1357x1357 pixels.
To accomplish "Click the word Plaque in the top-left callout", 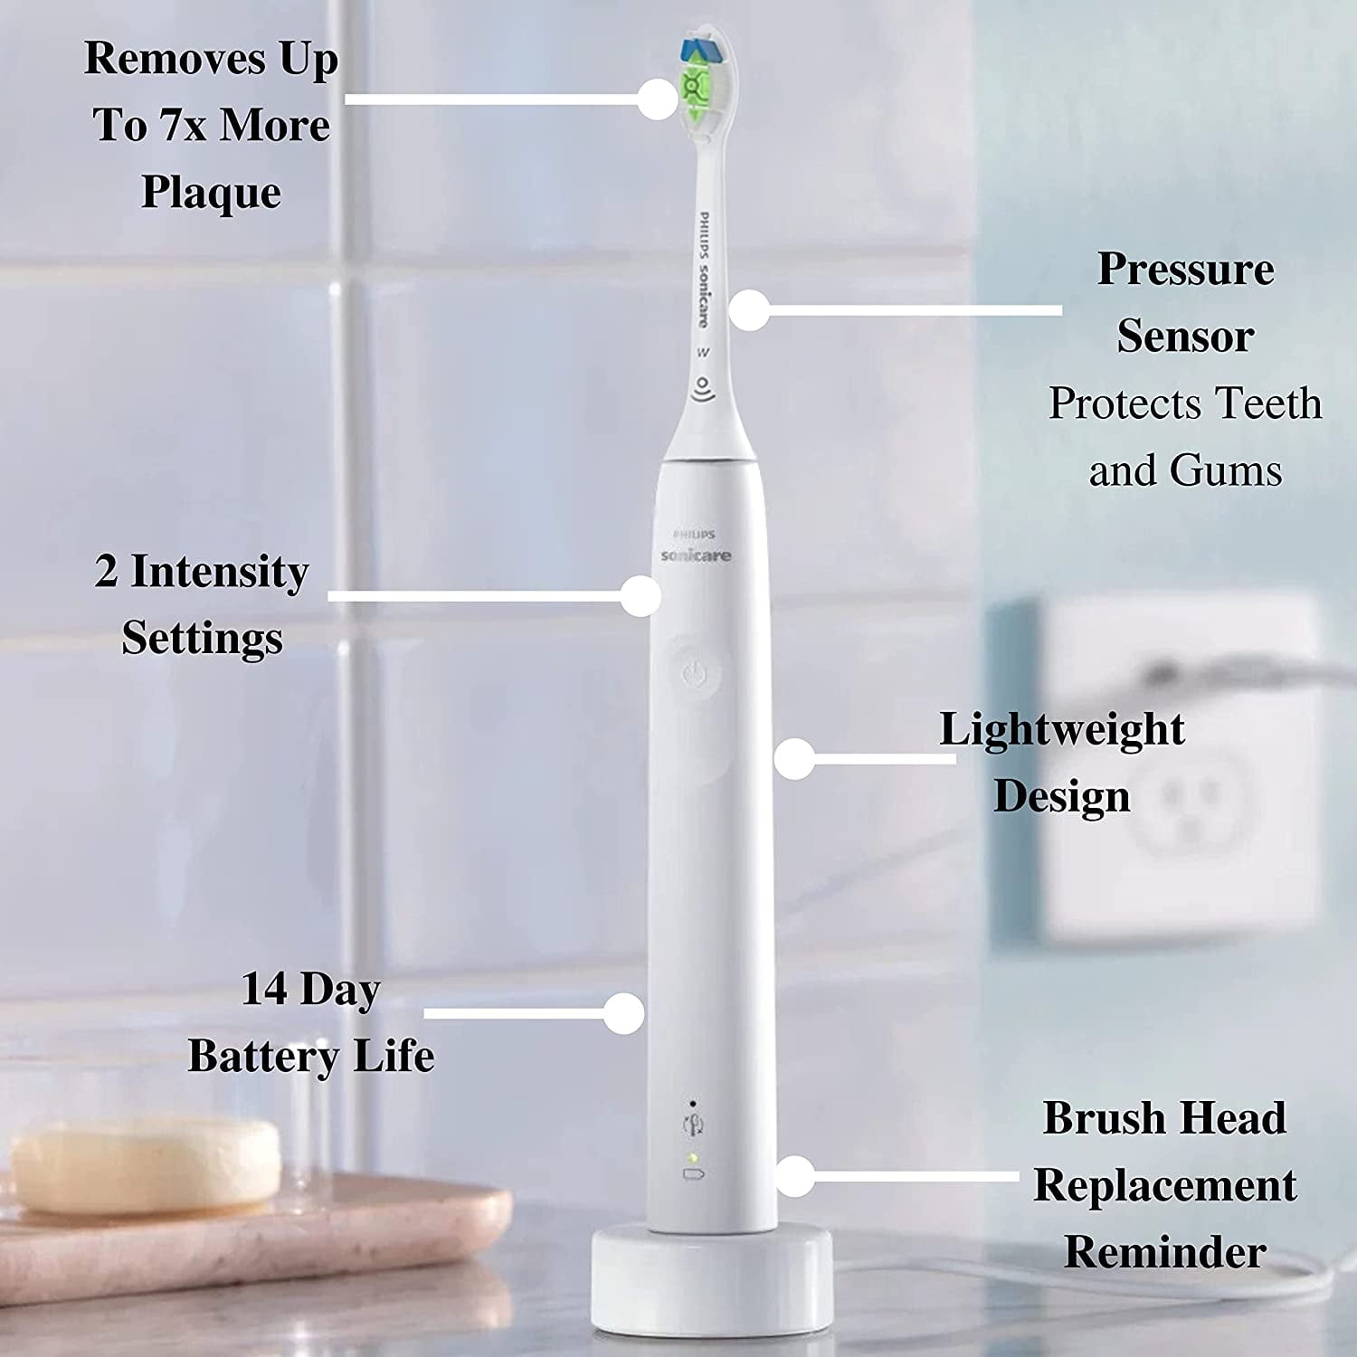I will pyautogui.click(x=211, y=193).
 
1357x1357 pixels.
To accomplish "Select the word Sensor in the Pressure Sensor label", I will pyautogui.click(x=1184, y=337).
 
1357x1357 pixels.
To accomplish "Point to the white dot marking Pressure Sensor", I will pyautogui.click(x=748, y=309).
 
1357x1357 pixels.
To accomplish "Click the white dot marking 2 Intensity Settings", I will pyautogui.click(x=641, y=596).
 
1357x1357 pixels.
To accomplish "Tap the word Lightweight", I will pyautogui.click(x=1061, y=729).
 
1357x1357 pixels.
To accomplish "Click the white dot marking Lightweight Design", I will pyautogui.click(x=795, y=758).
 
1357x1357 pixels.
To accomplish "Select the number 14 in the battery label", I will pyautogui.click(x=264, y=989).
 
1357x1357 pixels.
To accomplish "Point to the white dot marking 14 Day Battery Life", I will pyautogui.click(x=623, y=1013).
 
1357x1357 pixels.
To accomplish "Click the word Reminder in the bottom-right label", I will pyautogui.click(x=1164, y=1252).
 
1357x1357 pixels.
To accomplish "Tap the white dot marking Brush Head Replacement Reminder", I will pyautogui.click(x=795, y=1177).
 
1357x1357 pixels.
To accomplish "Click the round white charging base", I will pyautogui.click(x=712, y=1276).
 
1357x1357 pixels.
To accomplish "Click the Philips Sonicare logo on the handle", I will pyautogui.click(x=695, y=548).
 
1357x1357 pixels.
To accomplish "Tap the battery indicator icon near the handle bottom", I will pyautogui.click(x=694, y=1175).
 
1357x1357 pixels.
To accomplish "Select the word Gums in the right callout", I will pyautogui.click(x=1225, y=470).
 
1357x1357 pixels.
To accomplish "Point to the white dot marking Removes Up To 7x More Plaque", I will pyautogui.click(x=658, y=99).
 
